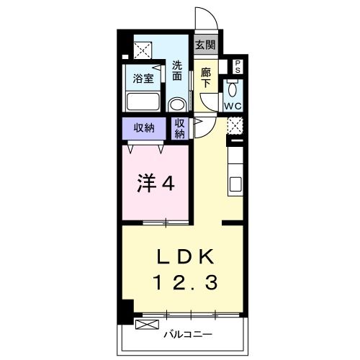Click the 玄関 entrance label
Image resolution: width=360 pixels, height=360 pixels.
tap(205, 44)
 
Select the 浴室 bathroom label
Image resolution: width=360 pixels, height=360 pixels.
tap(141, 78)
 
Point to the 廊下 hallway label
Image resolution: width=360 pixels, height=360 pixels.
tap(205, 77)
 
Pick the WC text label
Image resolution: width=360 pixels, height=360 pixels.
tap(233, 107)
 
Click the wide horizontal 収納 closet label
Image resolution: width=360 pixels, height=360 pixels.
tap(144, 128)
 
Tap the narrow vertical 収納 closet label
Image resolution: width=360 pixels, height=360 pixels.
tap(180, 128)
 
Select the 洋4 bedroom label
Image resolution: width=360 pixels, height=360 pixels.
tap(155, 184)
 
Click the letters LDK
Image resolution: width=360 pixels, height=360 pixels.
tap(183, 257)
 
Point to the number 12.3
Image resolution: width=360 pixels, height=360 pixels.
tap(183, 284)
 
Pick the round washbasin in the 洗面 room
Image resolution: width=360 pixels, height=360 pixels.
tap(177, 104)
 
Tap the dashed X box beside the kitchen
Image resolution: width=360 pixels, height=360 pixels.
tap(235, 125)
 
